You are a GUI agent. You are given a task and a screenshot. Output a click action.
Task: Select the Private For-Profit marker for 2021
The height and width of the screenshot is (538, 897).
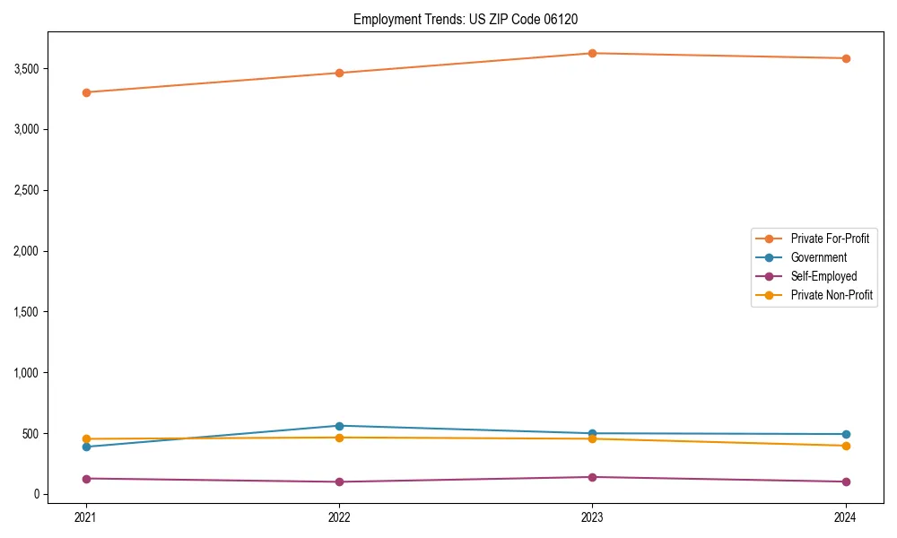[86, 92]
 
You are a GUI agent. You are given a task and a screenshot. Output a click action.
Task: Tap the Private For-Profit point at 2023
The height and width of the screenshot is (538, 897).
[592, 53]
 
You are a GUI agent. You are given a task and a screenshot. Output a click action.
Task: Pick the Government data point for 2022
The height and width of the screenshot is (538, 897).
[339, 426]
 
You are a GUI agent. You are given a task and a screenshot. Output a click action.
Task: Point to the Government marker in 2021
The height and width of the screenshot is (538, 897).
[86, 447]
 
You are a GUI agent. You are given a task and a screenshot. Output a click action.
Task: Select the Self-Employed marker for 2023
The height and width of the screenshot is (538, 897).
[592, 477]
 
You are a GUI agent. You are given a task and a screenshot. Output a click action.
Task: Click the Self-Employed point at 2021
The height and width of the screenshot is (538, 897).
[86, 479]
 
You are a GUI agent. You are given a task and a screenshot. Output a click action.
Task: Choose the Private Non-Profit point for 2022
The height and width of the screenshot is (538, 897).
[339, 438]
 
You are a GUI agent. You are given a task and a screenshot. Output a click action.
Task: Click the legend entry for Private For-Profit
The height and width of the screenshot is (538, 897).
[829, 239]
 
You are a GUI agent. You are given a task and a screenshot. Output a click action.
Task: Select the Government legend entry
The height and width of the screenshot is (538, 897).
[818, 257]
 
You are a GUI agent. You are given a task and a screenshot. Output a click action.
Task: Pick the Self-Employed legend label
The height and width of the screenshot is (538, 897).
[823, 276]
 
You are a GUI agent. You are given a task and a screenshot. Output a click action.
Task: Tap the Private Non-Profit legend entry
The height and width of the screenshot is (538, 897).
[832, 295]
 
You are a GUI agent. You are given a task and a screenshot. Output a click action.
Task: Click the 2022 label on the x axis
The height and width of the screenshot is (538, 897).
[339, 517]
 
